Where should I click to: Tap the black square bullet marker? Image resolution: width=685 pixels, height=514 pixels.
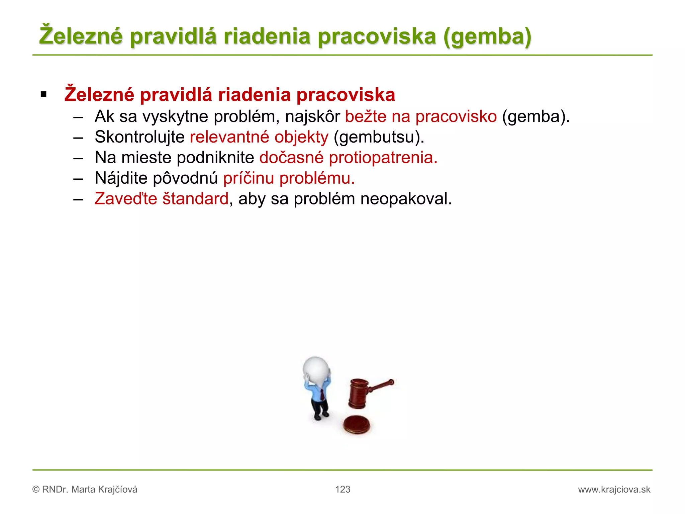click(x=43, y=95)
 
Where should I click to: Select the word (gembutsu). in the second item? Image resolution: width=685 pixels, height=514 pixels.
click(x=379, y=137)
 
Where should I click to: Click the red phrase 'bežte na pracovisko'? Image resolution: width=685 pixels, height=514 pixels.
click(x=421, y=117)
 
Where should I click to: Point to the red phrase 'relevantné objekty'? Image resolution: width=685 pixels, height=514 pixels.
click(x=259, y=137)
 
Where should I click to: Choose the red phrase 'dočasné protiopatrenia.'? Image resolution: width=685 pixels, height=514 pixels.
click(x=348, y=158)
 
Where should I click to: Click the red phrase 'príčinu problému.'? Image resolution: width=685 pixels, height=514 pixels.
click(x=289, y=178)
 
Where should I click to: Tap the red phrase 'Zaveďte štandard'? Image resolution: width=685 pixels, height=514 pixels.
click(x=162, y=199)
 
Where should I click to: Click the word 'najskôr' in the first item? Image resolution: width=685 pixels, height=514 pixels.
click(x=312, y=117)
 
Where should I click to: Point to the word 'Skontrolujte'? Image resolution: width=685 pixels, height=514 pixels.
click(x=139, y=137)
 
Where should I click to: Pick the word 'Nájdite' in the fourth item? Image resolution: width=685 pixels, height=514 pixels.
click(x=121, y=178)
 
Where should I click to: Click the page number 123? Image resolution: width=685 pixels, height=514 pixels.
click(x=342, y=489)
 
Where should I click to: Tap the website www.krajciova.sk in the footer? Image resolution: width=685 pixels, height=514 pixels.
click(x=614, y=490)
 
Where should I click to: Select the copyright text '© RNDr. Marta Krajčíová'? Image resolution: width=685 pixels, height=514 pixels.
click(x=85, y=490)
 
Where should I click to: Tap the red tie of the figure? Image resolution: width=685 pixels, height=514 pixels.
click(x=322, y=395)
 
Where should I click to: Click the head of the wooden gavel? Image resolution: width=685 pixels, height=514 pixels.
click(x=358, y=394)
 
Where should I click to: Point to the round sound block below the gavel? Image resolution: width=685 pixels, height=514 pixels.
click(x=357, y=425)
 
